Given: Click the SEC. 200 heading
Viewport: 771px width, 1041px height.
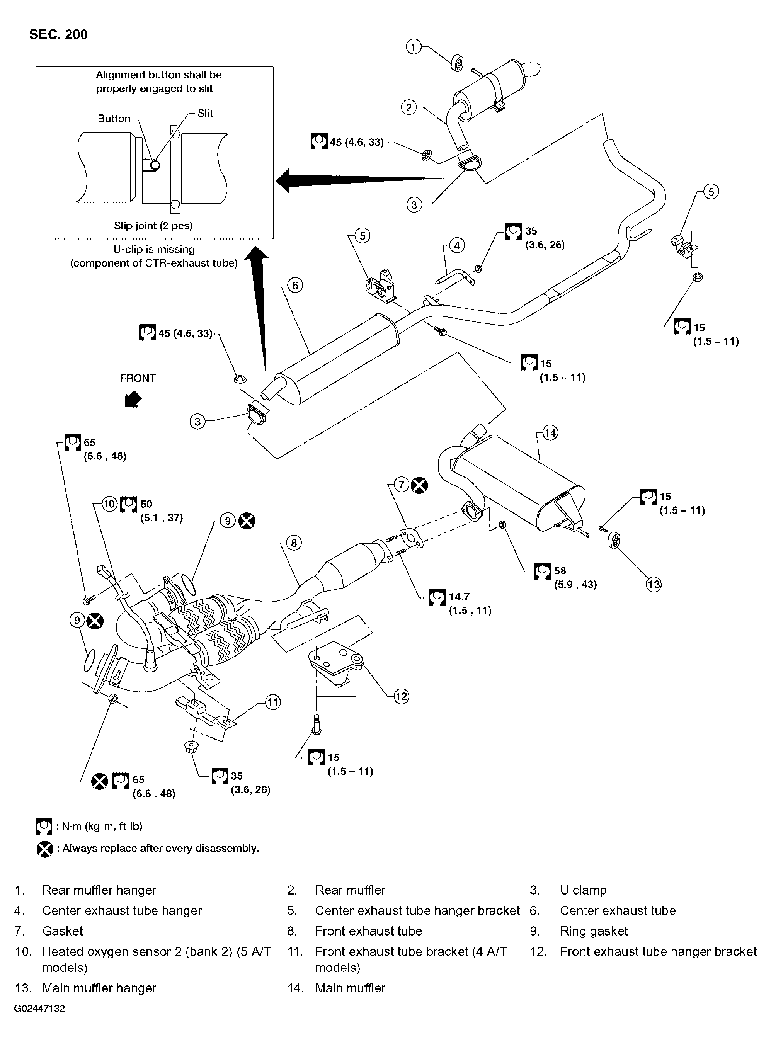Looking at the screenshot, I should point(58,34).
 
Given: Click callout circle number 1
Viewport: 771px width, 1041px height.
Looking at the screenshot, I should point(414,47).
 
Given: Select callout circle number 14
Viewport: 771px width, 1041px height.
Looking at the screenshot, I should point(550,433).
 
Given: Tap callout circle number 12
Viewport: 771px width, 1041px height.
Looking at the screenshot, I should point(401,696).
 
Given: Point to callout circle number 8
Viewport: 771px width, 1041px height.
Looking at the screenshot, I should point(294,543).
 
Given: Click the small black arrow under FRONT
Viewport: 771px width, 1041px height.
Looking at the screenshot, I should point(133,400).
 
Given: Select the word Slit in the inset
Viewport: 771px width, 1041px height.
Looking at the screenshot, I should point(205,113).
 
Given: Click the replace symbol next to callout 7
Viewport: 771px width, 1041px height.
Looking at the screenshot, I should point(419,485).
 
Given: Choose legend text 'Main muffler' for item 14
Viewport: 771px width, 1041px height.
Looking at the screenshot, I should point(350,988).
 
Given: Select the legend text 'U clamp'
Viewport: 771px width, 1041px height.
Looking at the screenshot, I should point(583,890).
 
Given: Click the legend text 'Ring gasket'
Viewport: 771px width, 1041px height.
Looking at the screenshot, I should point(594,931).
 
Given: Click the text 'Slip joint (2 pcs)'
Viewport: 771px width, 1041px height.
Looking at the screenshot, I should point(153,225).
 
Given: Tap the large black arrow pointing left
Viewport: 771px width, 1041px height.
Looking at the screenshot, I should point(355,180).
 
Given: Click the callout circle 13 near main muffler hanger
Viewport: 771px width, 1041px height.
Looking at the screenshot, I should point(654,584).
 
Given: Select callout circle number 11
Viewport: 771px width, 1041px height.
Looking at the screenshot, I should point(272,702).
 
